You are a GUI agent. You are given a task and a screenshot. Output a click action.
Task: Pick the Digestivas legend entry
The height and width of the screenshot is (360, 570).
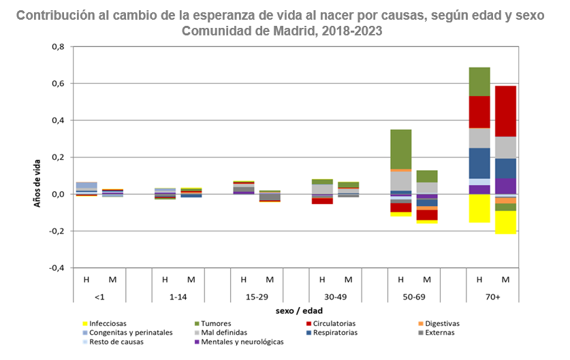pos(439,323)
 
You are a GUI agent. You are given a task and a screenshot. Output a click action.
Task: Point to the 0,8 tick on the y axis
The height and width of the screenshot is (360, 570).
pos(58,47)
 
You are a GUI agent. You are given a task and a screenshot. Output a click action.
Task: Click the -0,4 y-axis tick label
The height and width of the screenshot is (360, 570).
pos(57,267)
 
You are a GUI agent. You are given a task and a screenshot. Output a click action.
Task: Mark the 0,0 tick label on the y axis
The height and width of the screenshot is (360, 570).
pos(58,194)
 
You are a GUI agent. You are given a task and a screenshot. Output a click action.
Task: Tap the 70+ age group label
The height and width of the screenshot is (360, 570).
pos(492,297)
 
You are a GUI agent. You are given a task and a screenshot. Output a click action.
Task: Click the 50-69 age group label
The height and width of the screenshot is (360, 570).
pos(414,297)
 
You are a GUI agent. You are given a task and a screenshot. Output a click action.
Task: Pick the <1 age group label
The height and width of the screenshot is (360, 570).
pos(99,297)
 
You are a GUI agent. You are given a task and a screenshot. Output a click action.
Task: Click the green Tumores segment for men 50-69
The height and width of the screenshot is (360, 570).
pos(400,149)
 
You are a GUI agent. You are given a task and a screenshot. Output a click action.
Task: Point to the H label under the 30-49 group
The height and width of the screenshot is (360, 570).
pos(321,279)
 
